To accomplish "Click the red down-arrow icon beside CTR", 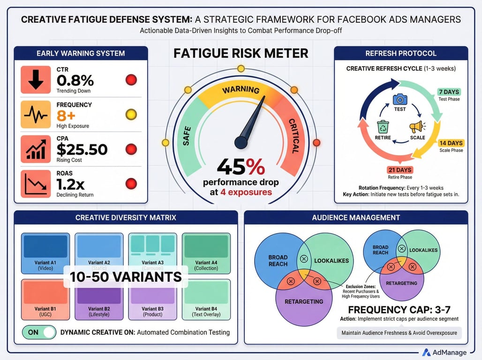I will pyautogui.click(x=36, y=80).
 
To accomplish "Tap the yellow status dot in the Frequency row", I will pyautogui.click(x=131, y=114).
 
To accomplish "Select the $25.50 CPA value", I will pyautogui.click(x=82, y=149).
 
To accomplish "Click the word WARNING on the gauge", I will pyautogui.click(x=241, y=90).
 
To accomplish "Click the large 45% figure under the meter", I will pyautogui.click(x=241, y=167).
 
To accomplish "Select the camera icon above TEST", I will pyautogui.click(x=400, y=99).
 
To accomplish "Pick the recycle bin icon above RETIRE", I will pyautogui.click(x=383, y=127).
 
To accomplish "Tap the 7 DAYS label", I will pyautogui.click(x=449, y=92).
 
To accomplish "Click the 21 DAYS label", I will pyautogui.click(x=399, y=170).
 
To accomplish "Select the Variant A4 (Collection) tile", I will pyautogui.click(x=206, y=253).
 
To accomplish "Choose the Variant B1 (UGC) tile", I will pyautogui.click(x=45, y=299).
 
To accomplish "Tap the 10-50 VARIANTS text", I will pyautogui.click(x=126, y=277).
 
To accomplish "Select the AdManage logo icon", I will pyautogui.click(x=427, y=352).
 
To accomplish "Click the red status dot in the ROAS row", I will pyautogui.click(x=131, y=184).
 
